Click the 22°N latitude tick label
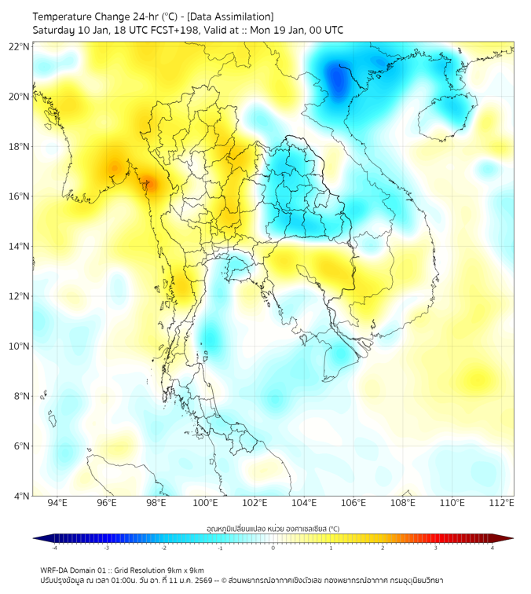(x=19, y=46)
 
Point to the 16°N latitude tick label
(x=19, y=196)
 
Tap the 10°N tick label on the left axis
(x=19, y=346)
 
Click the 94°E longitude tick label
(x=57, y=503)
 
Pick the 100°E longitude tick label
(x=206, y=503)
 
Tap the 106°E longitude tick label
(x=354, y=503)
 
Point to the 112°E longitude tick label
(x=503, y=503)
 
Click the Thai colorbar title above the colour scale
(x=273, y=529)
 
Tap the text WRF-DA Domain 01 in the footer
(x=75, y=570)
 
